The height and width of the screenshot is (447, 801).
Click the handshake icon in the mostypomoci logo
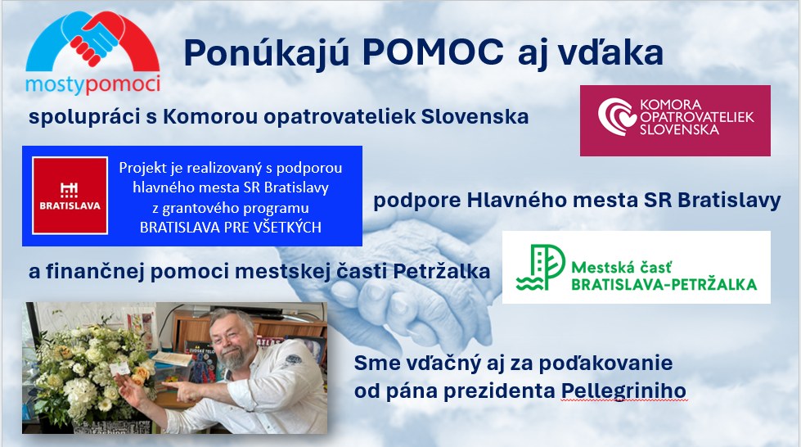[x=95, y=38]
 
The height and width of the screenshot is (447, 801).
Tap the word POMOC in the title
[x=433, y=52]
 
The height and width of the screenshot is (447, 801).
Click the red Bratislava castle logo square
[x=70, y=196]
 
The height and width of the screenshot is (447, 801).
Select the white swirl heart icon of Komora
[x=617, y=117]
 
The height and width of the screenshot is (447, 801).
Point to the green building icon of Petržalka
[x=540, y=268]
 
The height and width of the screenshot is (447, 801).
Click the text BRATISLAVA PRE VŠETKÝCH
[x=231, y=227]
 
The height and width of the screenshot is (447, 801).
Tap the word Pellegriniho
[x=623, y=391]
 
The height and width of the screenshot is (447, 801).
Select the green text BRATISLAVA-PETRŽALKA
[x=664, y=284]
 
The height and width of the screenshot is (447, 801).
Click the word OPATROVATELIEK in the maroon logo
[x=697, y=117]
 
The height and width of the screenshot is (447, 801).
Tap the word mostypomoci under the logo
[x=92, y=84]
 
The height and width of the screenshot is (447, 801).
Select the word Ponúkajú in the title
[x=266, y=53]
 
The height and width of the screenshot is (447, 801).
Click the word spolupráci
[x=84, y=117]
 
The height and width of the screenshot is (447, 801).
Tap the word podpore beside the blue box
[x=416, y=201]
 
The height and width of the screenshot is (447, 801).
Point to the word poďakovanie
[x=605, y=363]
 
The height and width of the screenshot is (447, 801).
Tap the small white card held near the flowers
[x=119, y=367]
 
